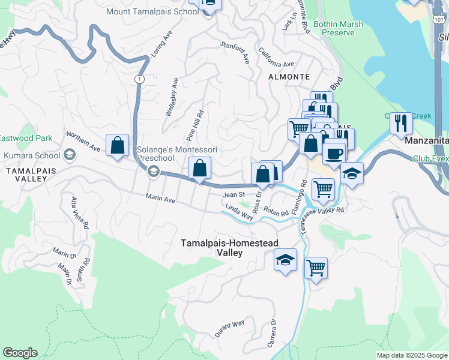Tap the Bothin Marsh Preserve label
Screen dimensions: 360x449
click(334, 28)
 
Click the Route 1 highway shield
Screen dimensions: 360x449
click(139, 79)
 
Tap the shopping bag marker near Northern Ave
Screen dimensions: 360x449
click(118, 145)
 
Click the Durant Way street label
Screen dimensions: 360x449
click(230, 328)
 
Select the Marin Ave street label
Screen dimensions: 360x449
click(160, 199)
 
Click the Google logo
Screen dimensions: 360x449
click(20, 353)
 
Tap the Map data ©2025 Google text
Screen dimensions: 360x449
click(411, 355)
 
